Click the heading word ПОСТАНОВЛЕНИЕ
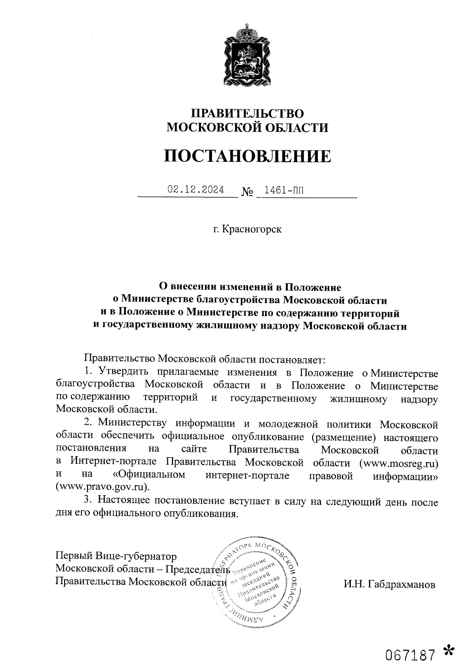[247, 156]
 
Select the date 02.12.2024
[195, 190]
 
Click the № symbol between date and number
[247, 192]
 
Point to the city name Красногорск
[252, 229]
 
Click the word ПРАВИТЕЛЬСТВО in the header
[247, 114]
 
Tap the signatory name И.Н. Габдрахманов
[389, 584]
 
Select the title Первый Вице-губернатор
[116, 557]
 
